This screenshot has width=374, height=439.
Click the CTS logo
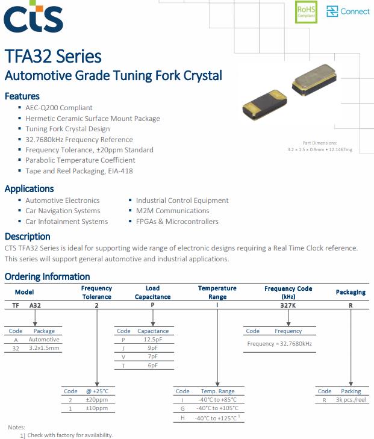tap(33, 18)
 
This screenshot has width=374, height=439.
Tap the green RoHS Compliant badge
tap(306, 12)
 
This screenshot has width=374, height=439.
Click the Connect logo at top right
tap(348, 11)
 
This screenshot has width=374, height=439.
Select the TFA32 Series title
tap(53, 57)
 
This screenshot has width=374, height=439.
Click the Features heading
tap(22, 96)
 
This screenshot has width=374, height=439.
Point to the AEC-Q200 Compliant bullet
tap(59, 107)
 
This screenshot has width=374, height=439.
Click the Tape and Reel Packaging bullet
tap(79, 171)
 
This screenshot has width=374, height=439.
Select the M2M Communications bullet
tap(172, 211)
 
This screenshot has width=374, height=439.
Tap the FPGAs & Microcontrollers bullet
tap(177, 222)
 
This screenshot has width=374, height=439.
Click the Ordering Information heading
tap(47, 277)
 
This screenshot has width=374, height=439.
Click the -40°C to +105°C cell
tap(217, 408)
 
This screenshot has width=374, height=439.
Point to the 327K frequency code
tap(288, 306)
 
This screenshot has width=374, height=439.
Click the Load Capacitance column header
tap(152, 293)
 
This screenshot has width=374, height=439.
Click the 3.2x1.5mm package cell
tap(45, 348)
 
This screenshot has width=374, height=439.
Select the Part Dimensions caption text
tap(320, 146)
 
